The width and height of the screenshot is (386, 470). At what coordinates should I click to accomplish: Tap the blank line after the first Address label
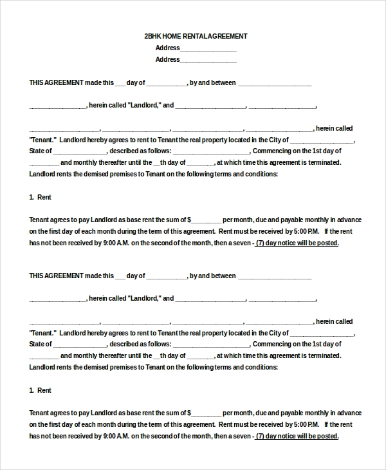pos(208,49)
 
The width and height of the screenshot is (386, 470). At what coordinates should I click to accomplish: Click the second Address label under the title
pos(167,60)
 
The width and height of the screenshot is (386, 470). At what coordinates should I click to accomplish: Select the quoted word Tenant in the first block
pos(43,140)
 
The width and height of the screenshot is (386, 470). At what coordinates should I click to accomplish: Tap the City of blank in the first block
pos(322,140)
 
